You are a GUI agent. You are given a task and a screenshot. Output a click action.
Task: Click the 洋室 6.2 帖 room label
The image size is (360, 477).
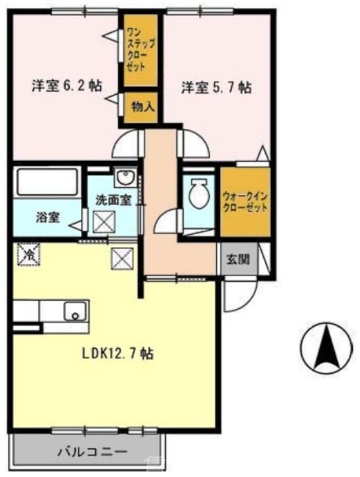67,86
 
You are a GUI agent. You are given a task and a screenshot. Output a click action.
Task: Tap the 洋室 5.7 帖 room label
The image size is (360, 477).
216,88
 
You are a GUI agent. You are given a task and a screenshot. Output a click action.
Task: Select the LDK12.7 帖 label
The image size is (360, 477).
117,354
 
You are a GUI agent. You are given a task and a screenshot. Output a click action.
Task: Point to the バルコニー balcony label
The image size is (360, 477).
92,451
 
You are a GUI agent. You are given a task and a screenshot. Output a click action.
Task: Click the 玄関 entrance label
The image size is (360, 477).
238,259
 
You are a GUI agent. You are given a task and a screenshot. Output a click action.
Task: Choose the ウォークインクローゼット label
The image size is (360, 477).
245,202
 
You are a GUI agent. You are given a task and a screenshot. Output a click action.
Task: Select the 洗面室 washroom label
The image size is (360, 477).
113,200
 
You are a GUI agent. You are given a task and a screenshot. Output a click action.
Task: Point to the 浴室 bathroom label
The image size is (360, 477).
48,218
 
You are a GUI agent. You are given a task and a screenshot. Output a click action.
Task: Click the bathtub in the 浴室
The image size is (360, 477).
48,182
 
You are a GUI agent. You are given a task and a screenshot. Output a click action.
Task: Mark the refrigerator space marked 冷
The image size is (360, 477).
29,255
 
